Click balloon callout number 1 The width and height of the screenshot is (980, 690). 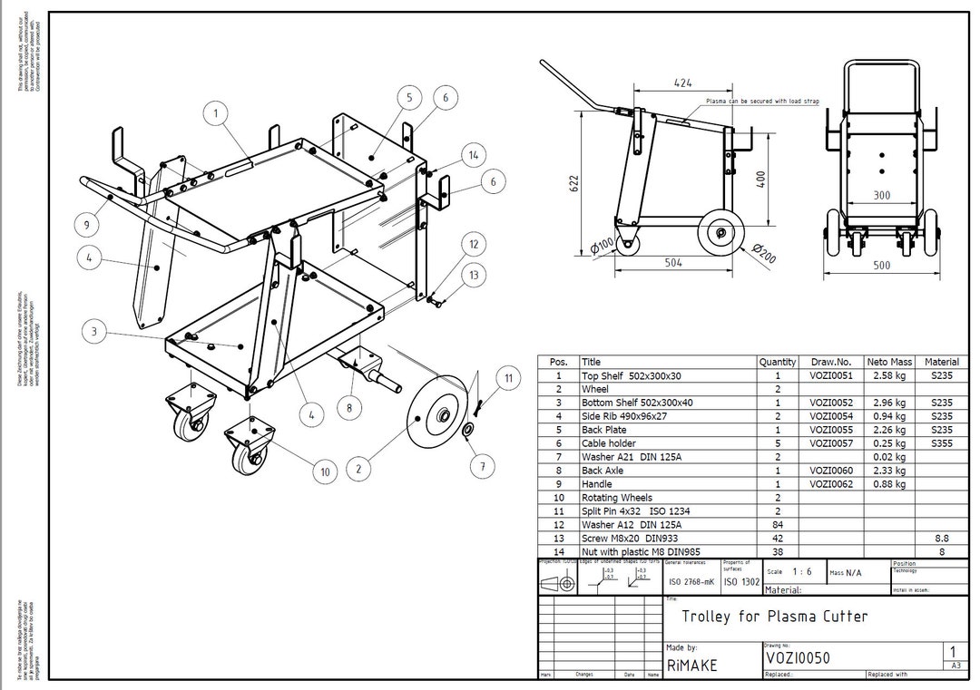216,113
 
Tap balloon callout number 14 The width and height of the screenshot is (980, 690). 473,155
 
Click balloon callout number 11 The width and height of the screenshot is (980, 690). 509,377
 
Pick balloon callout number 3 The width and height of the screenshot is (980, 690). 94,332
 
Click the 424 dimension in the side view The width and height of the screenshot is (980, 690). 683,83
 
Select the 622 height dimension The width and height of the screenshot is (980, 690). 573,184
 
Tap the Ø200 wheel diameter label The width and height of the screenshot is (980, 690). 766,256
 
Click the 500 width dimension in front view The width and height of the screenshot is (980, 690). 881,266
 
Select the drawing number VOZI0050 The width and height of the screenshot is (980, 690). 797,658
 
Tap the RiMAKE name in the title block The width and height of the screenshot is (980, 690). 691,665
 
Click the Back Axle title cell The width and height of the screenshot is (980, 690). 603,471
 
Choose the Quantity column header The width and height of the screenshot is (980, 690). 777,362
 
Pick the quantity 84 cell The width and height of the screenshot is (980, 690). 777,525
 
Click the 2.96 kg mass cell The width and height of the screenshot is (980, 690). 888,403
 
